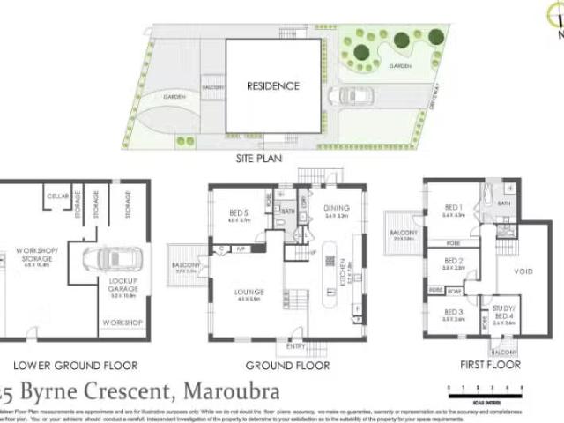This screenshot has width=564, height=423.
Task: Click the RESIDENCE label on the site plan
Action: pyautogui.click(x=272, y=86)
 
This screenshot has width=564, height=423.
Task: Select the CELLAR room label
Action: pyautogui.click(x=58, y=197)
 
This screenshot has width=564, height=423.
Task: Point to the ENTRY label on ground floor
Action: pyautogui.click(x=293, y=346)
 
